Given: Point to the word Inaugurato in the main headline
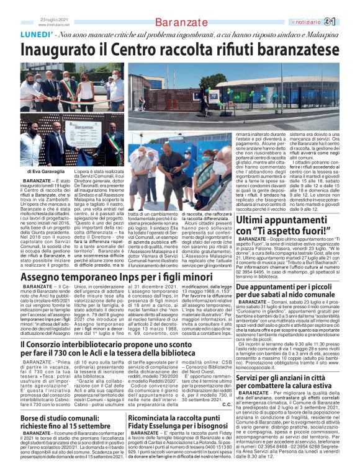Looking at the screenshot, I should pos(61,51).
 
